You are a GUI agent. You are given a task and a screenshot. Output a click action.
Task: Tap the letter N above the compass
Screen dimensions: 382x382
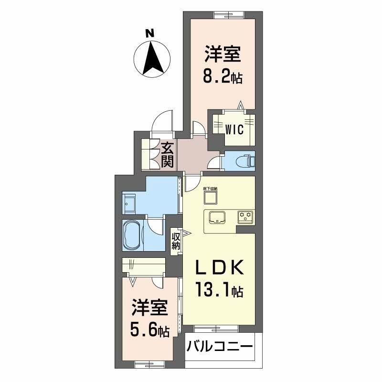click(x=149, y=33)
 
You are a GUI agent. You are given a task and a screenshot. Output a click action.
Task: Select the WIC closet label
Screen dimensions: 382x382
click(x=234, y=129)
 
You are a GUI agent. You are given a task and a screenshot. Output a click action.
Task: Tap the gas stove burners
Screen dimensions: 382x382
click(x=246, y=218)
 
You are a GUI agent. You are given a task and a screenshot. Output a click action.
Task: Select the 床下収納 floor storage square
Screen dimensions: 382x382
click(x=210, y=198)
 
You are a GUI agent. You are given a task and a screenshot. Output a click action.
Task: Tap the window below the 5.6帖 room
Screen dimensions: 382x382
click(x=147, y=364)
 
